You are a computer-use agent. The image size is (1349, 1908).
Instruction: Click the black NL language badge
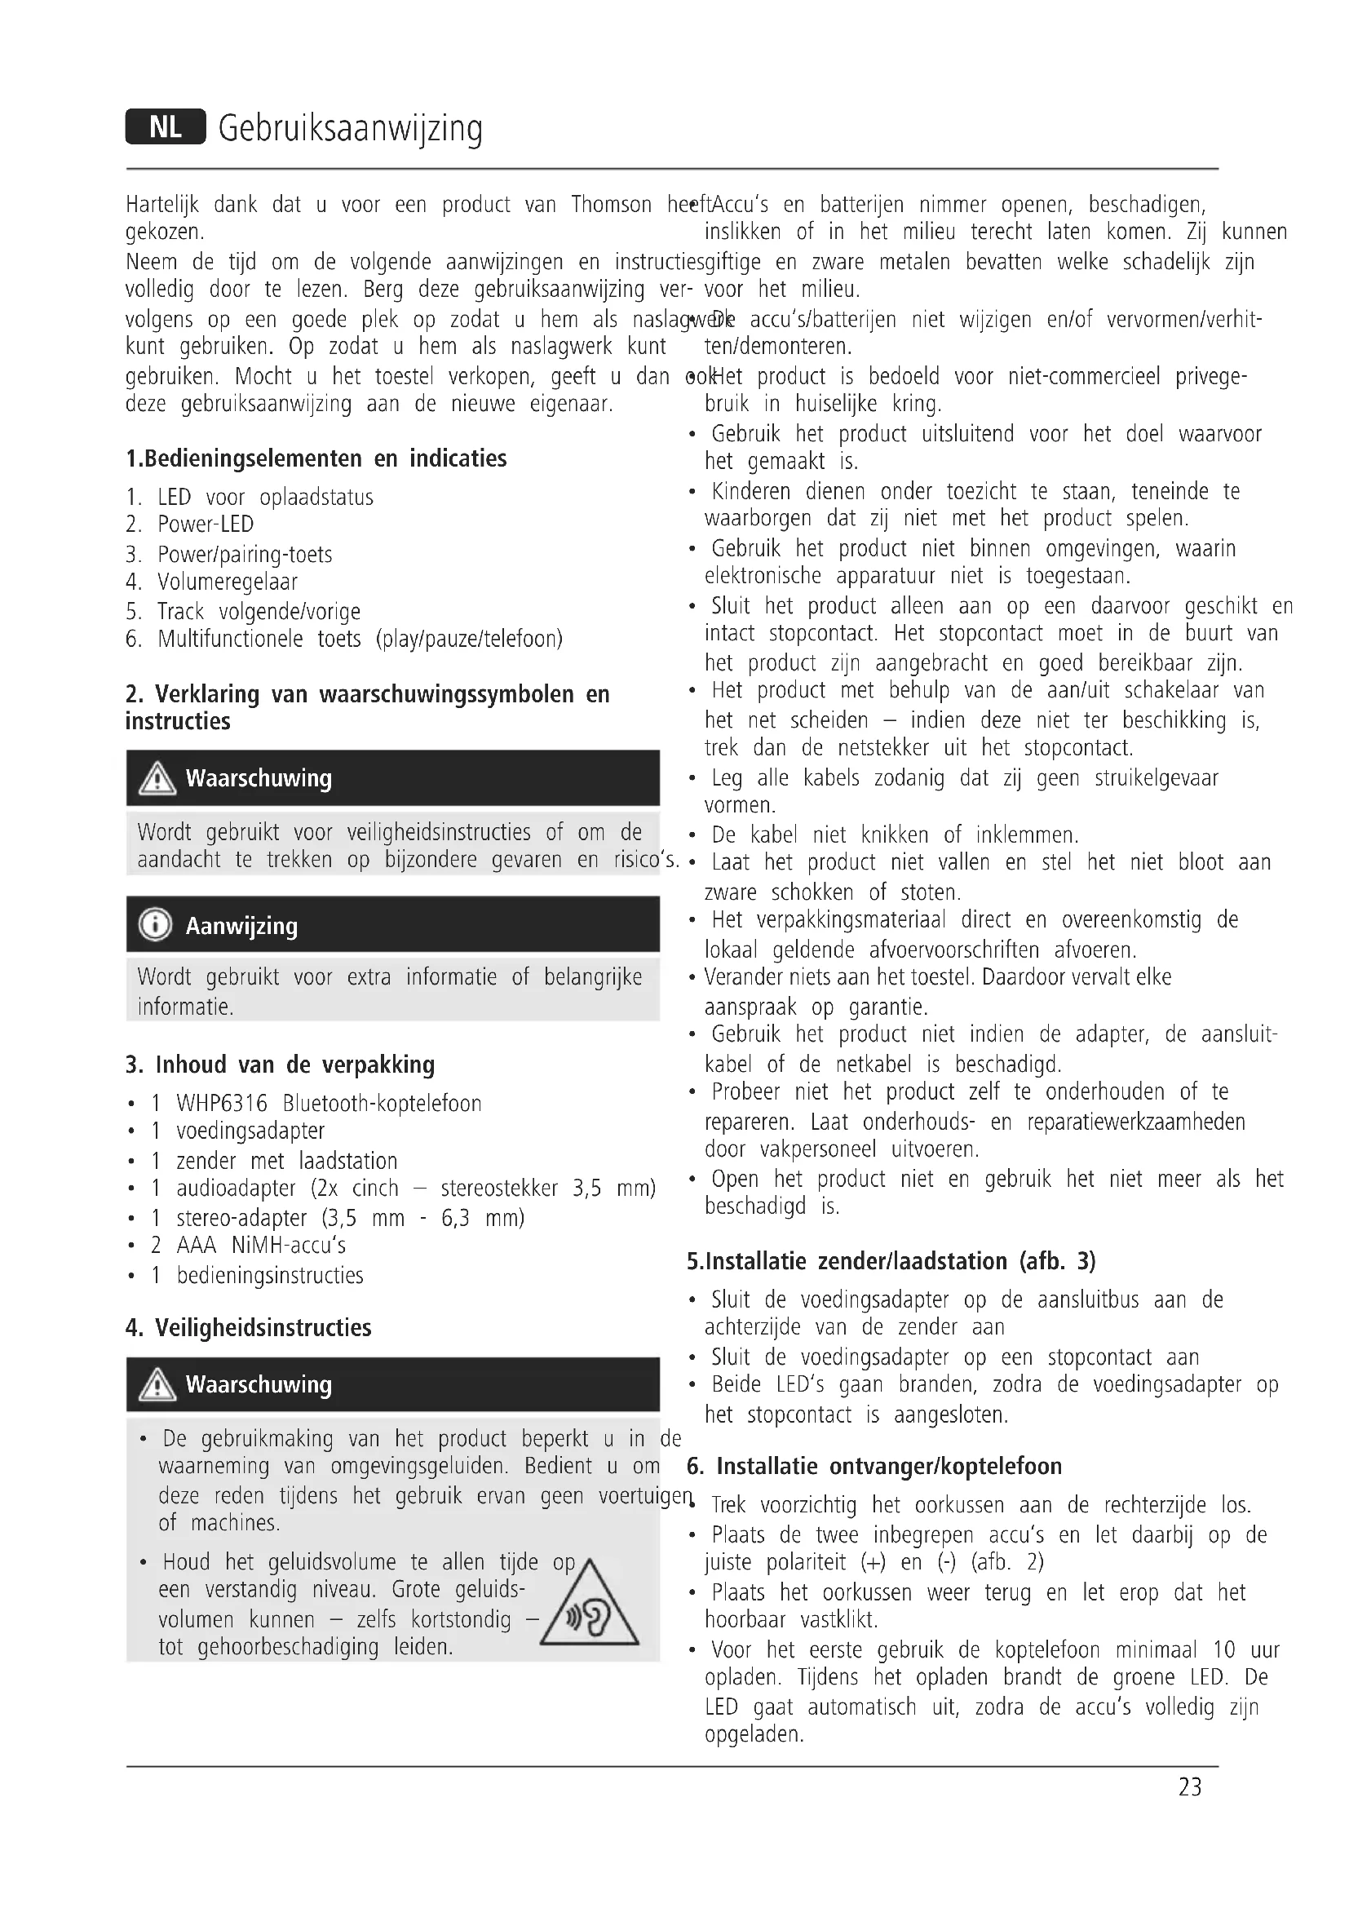(166, 127)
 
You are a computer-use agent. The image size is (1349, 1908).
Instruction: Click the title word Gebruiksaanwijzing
(350, 129)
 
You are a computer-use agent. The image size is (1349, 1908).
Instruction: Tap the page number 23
(1189, 1786)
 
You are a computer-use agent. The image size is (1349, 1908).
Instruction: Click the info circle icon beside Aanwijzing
(156, 924)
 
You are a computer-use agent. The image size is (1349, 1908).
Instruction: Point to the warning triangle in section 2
(157, 779)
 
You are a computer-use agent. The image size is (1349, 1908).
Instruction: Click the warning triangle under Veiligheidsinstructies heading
(157, 1384)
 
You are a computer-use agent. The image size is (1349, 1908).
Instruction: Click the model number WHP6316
(222, 1104)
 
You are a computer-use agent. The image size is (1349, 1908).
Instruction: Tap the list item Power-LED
(206, 525)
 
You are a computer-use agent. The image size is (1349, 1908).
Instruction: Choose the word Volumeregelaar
(227, 582)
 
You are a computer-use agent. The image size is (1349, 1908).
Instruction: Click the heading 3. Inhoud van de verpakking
(280, 1065)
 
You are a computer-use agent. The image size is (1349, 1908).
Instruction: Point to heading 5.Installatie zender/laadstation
(891, 1260)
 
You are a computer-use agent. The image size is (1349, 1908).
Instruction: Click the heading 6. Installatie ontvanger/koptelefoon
(874, 1465)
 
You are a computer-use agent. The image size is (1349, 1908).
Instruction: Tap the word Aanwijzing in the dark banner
(241, 925)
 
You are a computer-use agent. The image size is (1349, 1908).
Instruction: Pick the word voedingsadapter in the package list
(250, 1131)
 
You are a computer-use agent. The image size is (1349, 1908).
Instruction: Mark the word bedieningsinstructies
(270, 1275)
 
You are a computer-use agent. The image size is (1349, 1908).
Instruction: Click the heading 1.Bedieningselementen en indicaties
(316, 458)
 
